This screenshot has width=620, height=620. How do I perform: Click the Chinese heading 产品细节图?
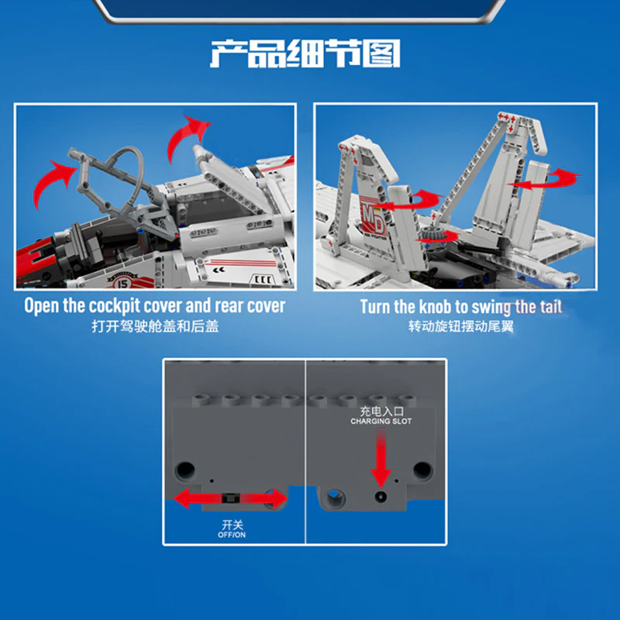pos(305,53)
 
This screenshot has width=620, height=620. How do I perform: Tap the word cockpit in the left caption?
pos(115,305)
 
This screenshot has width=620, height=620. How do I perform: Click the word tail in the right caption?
pos(551,306)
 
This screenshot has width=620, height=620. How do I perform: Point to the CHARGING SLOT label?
pos(381,422)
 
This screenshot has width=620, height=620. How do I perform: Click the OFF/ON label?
pos(232,535)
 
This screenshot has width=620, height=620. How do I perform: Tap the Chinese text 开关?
pos(232,525)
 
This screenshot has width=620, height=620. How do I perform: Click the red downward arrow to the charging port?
pos(381,460)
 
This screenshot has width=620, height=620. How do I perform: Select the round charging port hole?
pos(381,497)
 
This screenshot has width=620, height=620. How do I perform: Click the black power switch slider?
pos(230,498)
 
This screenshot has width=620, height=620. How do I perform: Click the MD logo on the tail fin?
pos(373,219)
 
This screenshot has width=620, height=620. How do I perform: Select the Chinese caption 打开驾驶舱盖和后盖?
pos(155,326)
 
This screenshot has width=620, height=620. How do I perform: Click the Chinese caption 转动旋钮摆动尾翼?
pos(461,326)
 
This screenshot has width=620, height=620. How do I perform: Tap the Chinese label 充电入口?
pos(381,412)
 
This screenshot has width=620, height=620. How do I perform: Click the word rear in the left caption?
pos(227,306)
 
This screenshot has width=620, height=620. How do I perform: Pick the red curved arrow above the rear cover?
pos(186,136)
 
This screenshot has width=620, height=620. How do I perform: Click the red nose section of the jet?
pos(36,260)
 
